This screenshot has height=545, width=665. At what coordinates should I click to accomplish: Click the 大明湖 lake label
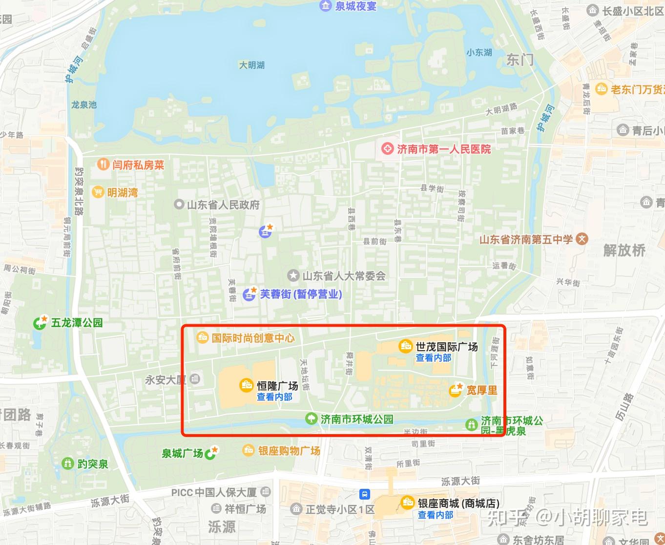[251, 65]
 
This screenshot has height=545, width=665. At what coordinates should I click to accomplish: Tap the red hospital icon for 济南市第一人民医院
[387, 148]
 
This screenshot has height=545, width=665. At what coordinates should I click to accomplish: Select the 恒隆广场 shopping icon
[246, 385]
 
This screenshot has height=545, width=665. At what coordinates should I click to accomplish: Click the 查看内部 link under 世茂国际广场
[433, 358]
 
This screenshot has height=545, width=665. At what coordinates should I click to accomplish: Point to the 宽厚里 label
[481, 390]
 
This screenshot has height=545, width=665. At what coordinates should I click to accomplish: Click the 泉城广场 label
[182, 454]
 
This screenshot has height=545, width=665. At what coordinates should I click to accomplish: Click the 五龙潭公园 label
[77, 323]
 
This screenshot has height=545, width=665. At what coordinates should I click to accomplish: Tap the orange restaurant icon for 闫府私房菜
[103, 164]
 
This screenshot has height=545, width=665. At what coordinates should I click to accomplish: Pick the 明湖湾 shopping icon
[98, 192]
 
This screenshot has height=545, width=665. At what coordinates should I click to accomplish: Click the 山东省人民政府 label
[223, 205]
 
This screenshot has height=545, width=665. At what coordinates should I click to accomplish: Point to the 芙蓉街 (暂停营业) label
[301, 294]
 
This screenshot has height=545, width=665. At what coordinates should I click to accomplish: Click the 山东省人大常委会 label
[344, 276]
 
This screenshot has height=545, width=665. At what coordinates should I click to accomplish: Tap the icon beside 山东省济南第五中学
[582, 239]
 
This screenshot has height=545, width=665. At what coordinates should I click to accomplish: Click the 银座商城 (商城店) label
[458, 503]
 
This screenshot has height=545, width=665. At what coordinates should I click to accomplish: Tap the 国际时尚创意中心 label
[253, 337]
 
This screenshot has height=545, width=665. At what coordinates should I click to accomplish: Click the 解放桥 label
[624, 251]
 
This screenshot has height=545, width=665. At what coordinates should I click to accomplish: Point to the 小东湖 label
[479, 52]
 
